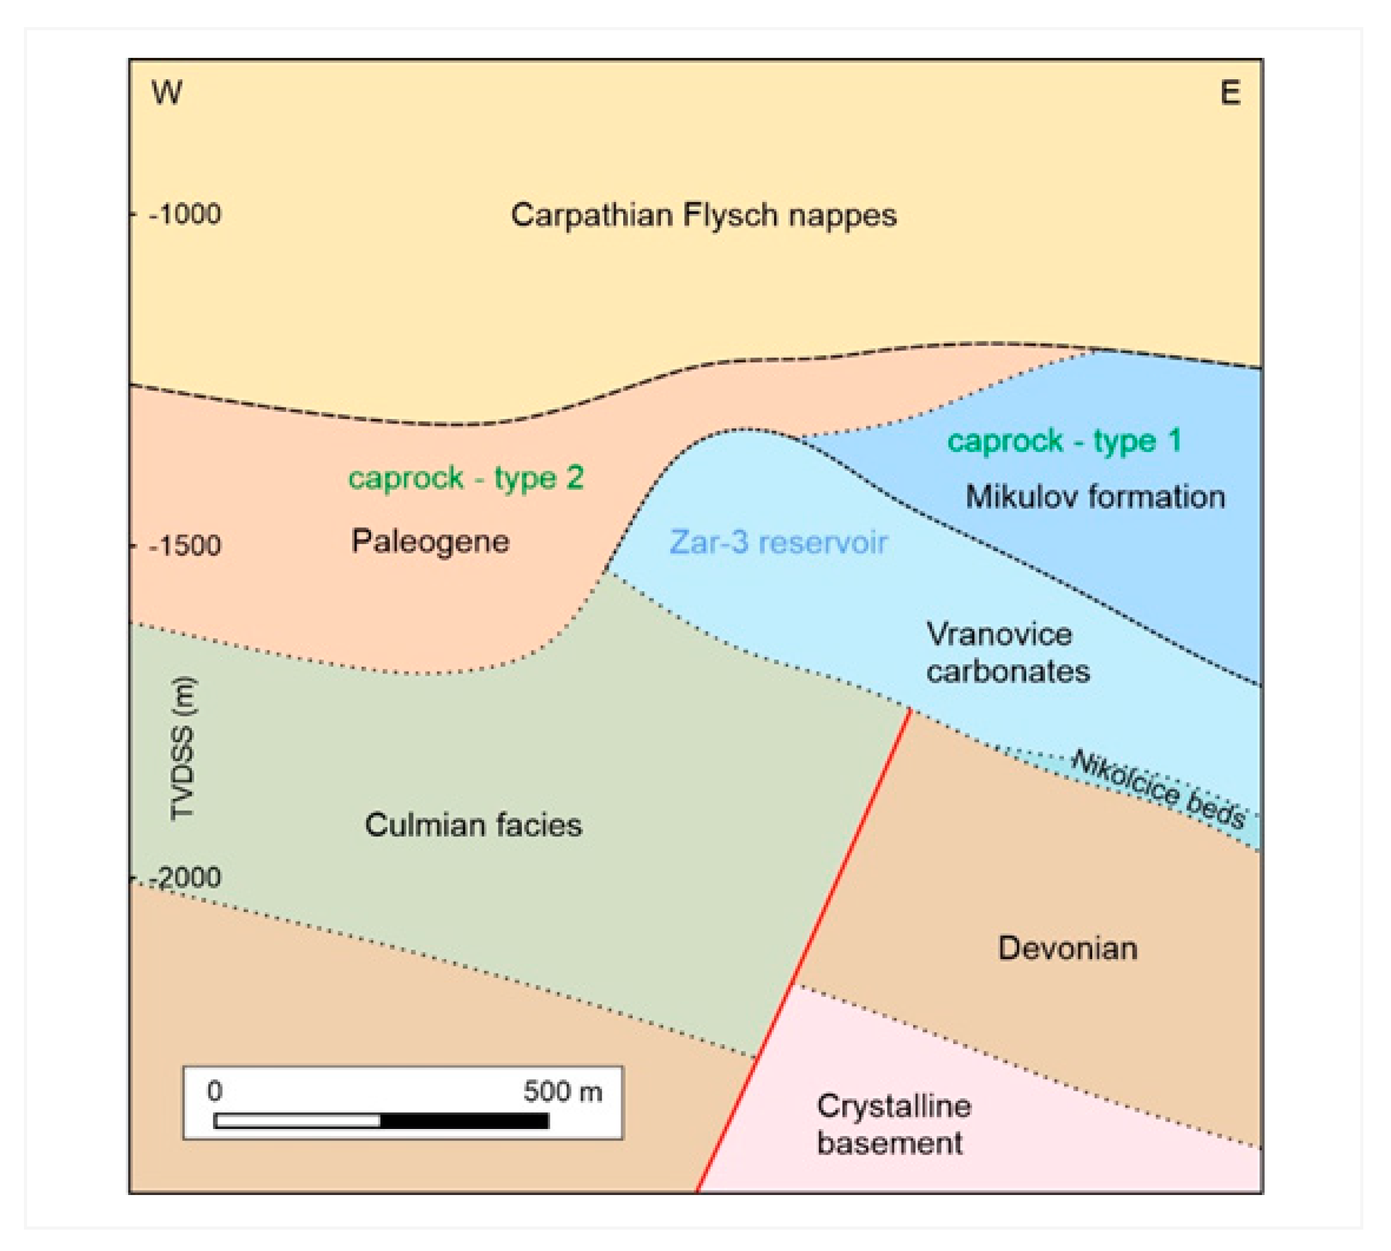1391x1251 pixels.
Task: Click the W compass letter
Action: [x=167, y=93]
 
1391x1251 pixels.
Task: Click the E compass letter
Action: [x=1230, y=93]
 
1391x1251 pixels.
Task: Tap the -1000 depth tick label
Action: [x=186, y=214]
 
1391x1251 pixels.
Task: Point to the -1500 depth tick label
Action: [x=186, y=546]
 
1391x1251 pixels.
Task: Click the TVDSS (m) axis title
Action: [x=184, y=748]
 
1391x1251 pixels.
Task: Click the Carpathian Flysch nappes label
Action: [x=703, y=216]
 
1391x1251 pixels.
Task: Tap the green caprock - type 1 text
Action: [x=1064, y=441]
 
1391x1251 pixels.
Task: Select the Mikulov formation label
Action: [x=1095, y=497]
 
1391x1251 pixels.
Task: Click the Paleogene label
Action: [x=430, y=542]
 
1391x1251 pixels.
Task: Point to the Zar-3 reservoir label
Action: [x=778, y=543]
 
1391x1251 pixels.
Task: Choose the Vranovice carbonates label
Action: [x=1007, y=653]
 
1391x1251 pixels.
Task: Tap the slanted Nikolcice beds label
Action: [x=1159, y=789]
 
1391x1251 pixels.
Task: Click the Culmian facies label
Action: [x=473, y=825]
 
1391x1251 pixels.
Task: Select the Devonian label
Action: [x=1067, y=948]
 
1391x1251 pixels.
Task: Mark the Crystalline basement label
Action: [x=893, y=1125]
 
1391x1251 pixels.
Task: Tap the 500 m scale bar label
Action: [x=562, y=1091]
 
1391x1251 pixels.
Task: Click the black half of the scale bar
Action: [x=464, y=1121]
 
